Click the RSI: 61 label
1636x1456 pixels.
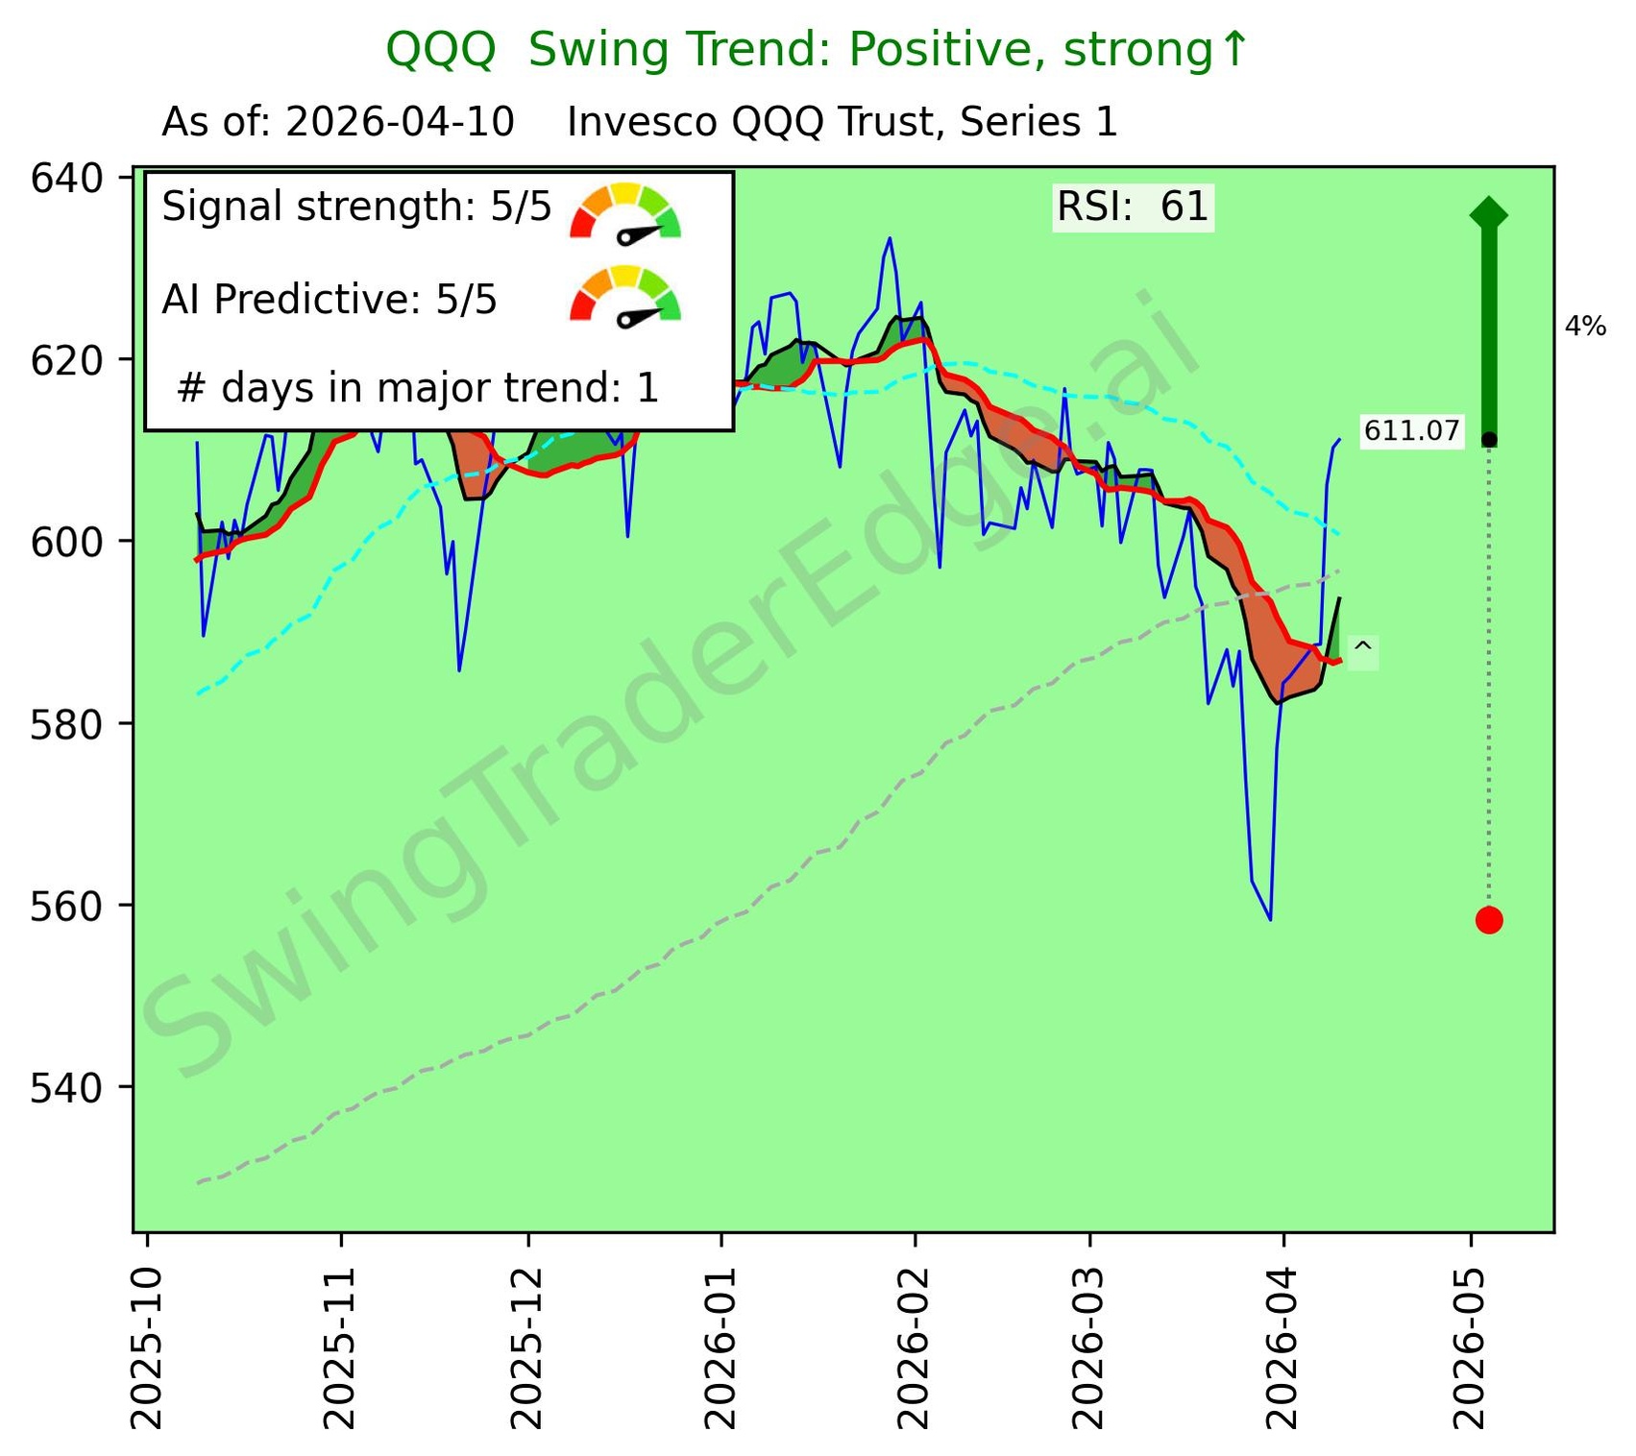1133,207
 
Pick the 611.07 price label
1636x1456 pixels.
1411,431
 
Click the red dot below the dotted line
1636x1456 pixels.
1488,920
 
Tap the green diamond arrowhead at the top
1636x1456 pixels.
1488,213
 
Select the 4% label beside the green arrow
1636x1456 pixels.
1585,328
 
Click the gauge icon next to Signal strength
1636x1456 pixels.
625,212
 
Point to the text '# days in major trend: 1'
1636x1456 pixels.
418,388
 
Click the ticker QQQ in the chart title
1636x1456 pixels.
440,50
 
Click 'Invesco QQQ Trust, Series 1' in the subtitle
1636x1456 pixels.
842,123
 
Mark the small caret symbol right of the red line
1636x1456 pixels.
1362,650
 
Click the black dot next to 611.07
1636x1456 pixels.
1488,440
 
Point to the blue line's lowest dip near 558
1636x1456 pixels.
1270,918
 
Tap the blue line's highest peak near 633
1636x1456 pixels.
890,239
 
